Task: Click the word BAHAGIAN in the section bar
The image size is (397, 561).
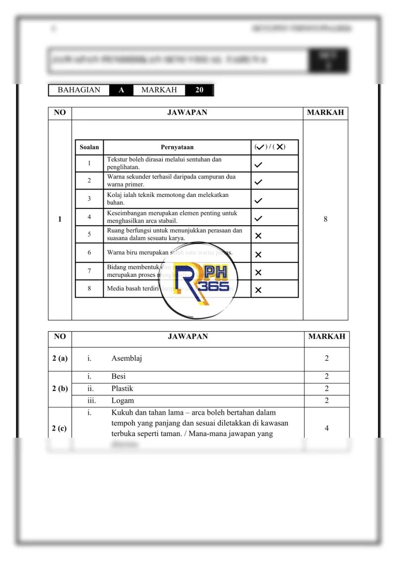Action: pos(79,90)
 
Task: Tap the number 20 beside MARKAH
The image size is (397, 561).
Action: pos(199,90)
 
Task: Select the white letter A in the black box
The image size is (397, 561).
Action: pos(121,90)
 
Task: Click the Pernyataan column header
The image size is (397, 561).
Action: pos(177,147)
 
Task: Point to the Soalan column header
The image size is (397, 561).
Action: pos(89,147)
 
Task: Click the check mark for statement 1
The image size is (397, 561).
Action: pos(258,164)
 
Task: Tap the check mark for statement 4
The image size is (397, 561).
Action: pos(258,218)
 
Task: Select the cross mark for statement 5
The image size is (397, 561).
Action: pos(258,236)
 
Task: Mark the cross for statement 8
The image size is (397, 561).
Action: pos(258,290)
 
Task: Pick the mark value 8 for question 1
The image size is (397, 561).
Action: pos(326,219)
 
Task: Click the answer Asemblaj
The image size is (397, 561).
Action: pos(127,359)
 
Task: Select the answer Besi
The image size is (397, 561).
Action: pos(119,377)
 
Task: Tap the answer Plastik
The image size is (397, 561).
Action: pos(122,389)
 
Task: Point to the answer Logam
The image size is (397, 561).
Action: pos(123,401)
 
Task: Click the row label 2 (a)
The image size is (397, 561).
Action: pos(60,359)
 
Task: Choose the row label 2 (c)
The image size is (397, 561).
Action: pos(60,429)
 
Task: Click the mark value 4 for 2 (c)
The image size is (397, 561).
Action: pos(327,429)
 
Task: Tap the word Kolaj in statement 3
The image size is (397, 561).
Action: pos(115,195)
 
